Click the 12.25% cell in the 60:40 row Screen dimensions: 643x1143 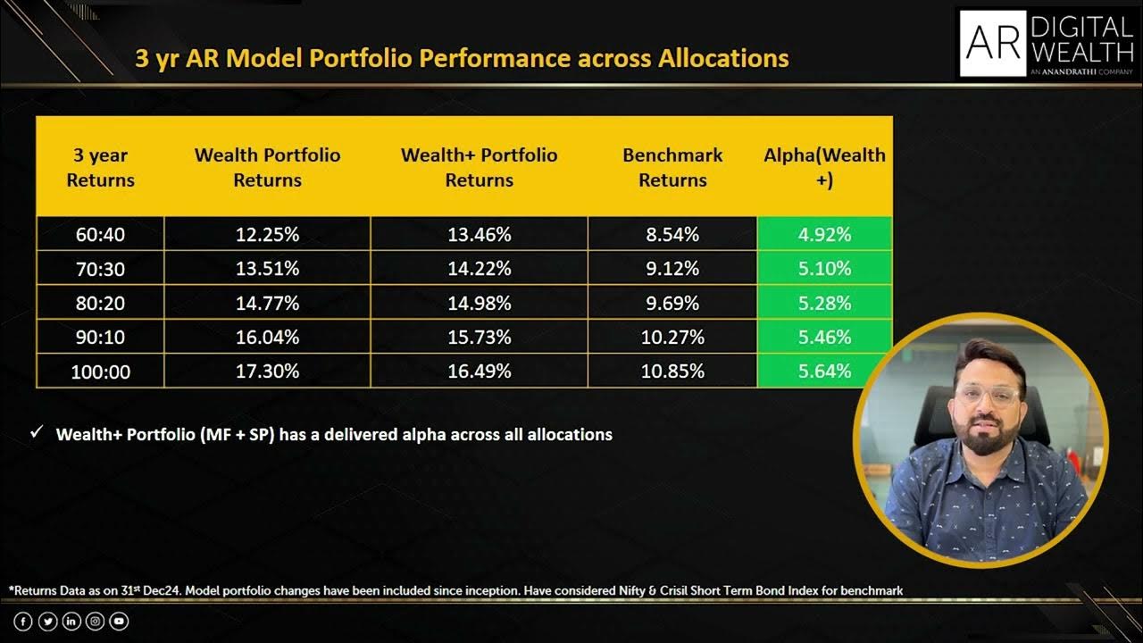click(267, 235)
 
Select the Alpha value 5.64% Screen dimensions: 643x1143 click(824, 371)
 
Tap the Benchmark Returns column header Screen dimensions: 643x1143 click(672, 167)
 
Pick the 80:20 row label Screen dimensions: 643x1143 click(100, 304)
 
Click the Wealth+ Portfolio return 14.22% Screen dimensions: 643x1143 click(479, 269)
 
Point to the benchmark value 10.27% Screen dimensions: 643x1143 click(672, 338)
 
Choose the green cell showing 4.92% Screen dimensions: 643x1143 click(824, 235)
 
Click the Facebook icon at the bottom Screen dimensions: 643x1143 click(23, 621)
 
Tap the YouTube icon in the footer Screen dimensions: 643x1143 click(119, 621)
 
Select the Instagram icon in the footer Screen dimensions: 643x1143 click(95, 621)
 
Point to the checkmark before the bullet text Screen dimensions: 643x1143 click(37, 433)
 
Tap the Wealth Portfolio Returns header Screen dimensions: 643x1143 click(267, 167)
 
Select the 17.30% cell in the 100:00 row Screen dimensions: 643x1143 click(267, 371)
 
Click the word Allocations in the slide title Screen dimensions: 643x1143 click(723, 59)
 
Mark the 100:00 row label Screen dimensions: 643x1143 click(100, 372)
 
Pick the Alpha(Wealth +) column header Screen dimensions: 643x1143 click(824, 167)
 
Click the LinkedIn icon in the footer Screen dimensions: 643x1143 click(71, 621)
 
